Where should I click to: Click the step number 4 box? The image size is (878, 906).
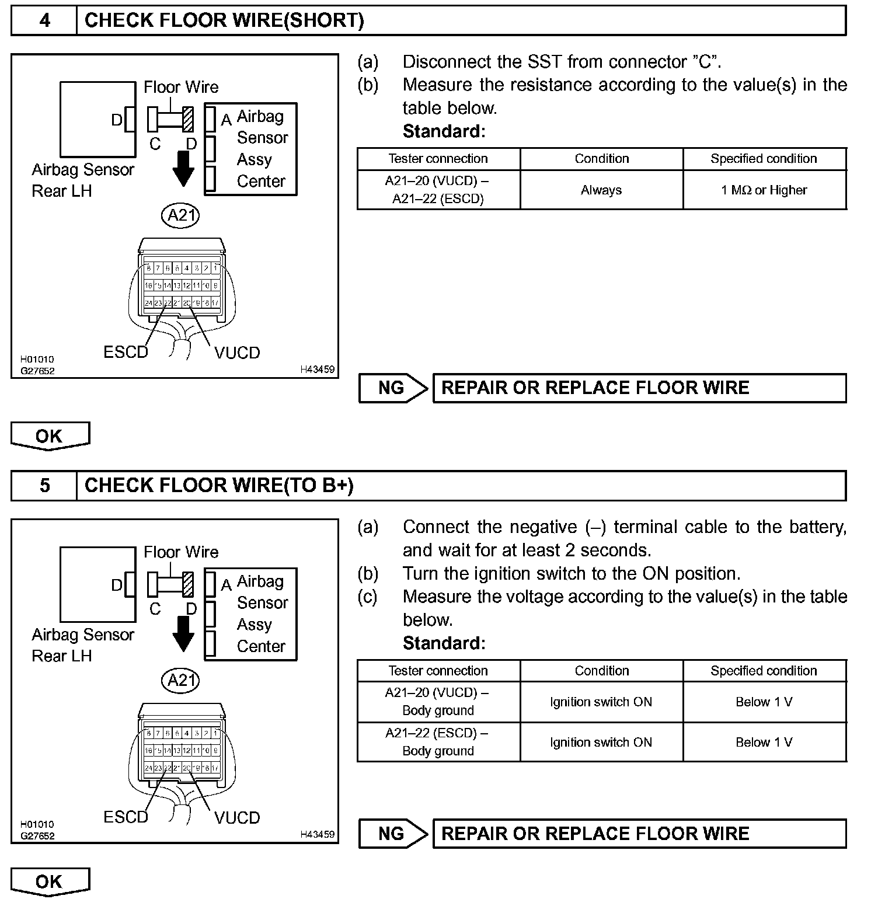44,21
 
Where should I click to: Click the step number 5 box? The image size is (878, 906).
44,486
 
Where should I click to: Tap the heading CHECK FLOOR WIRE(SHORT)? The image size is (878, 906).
224,21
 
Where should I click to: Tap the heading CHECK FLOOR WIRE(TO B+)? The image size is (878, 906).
219,486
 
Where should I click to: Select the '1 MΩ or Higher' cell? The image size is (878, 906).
764,190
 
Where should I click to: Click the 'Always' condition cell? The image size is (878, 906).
601,190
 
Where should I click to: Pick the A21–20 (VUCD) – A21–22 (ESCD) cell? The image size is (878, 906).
438,190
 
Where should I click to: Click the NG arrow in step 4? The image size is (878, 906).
393,388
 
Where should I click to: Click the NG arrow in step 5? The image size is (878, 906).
393,834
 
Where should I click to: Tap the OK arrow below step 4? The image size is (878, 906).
50,436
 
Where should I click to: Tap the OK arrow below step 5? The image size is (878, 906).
50,881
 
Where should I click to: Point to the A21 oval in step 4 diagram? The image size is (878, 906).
180,215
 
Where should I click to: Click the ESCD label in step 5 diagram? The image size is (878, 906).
126,817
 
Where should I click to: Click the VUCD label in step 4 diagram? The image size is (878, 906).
237,353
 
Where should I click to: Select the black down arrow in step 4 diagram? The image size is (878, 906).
183,169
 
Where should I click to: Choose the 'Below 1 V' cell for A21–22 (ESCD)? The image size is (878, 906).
764,743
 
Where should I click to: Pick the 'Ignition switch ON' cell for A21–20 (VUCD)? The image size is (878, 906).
601,702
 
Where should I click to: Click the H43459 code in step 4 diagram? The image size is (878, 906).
318,370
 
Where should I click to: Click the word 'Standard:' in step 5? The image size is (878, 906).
444,643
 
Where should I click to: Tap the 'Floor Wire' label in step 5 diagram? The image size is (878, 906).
181,552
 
